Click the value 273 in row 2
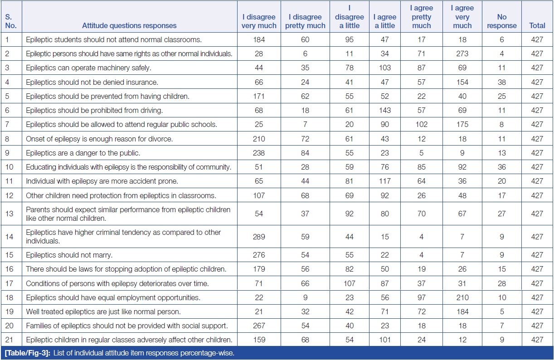pos(462,54)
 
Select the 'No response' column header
pos(501,21)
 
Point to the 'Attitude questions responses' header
pos(129,25)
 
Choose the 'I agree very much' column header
pos(462,17)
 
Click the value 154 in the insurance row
pos(462,82)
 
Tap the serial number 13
pos(8,214)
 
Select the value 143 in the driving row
pos(384,110)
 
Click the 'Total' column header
pos(537,25)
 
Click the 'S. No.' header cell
pos(11,21)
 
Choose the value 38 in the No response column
pos(501,82)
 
